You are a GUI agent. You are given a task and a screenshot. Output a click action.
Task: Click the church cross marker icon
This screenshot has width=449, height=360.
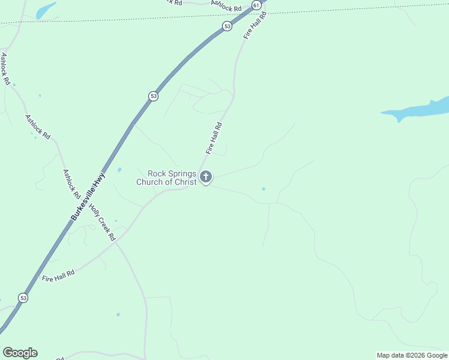point(206,177)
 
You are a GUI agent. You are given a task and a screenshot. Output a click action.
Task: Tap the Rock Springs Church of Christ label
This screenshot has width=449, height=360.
point(167,178)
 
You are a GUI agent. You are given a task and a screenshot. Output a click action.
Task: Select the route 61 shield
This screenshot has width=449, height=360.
point(256,5)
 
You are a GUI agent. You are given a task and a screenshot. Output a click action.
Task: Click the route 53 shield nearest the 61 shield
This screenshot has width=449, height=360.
point(227,26)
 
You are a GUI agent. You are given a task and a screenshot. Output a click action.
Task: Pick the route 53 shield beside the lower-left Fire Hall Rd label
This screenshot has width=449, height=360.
point(23,298)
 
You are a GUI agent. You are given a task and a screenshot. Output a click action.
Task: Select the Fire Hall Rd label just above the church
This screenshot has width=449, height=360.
point(214,138)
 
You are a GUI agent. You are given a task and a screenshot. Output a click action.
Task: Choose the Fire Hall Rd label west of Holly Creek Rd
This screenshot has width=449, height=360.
point(58,275)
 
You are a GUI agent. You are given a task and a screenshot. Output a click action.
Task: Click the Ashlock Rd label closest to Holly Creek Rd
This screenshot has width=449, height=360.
point(71,183)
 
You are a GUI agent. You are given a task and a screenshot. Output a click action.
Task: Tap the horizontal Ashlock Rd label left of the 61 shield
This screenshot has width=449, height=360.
point(226,7)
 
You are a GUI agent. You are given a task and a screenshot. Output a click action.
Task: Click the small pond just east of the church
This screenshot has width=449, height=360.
point(264,189)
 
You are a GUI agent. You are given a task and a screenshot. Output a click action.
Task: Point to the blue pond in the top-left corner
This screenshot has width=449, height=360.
point(46,10)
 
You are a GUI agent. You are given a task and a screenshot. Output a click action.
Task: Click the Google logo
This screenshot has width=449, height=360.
point(20,353)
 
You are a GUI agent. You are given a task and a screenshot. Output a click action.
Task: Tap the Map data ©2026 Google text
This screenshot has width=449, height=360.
point(412,355)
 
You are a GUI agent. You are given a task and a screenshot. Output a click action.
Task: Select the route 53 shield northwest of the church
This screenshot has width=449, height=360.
point(154,96)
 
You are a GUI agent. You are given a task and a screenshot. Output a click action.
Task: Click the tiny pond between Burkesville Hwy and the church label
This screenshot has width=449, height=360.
point(119,170)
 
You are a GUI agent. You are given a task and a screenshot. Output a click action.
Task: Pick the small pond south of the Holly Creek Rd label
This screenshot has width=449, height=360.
point(118,314)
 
